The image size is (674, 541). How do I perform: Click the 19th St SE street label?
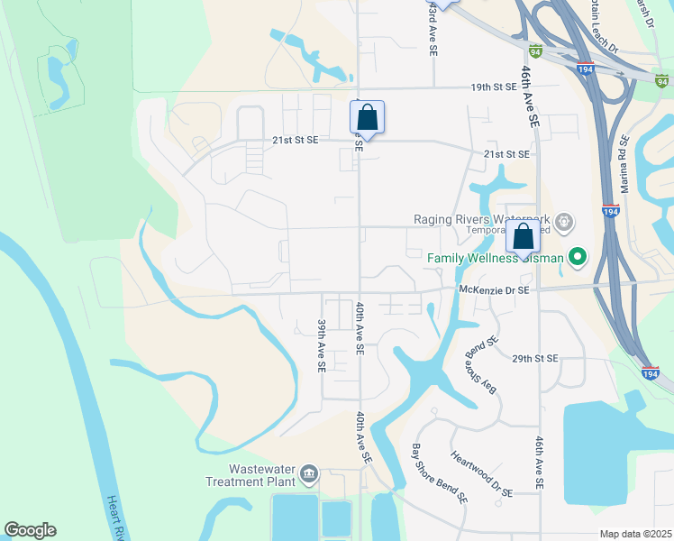(494, 87)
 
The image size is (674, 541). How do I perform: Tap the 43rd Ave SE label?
(435, 17)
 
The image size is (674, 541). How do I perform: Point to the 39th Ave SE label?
(321, 345)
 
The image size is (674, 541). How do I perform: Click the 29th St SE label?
(535, 358)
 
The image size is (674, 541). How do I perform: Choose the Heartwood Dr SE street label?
(481, 474)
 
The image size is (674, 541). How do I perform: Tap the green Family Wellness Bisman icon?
(578, 259)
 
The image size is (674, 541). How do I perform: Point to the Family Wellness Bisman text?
(495, 259)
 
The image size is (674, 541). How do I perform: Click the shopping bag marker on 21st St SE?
(367, 118)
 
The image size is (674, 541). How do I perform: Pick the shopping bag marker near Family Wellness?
(523, 238)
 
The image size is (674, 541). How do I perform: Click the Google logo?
(30, 530)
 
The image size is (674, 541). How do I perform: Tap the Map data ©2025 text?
(635, 534)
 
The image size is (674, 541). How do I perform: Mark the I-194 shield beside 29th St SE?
(651, 371)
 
